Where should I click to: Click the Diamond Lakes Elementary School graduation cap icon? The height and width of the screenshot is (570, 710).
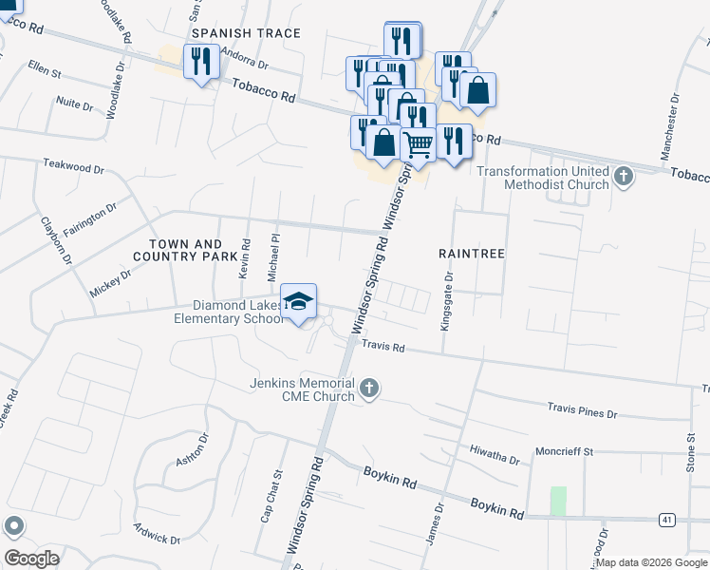pos(299,302)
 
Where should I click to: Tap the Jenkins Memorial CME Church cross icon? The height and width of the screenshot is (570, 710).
pos(369,388)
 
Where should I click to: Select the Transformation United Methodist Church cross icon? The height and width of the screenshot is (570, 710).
pos(624,176)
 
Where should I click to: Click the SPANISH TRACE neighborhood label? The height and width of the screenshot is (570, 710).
pos(246,33)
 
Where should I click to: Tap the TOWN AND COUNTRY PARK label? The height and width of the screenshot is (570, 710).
pos(185,251)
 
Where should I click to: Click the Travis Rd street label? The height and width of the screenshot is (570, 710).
pos(383,349)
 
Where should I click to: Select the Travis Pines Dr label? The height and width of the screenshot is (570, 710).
pos(582,413)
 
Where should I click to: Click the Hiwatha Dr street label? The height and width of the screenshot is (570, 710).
pos(495,454)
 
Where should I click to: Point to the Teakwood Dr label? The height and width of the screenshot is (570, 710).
pos(73,166)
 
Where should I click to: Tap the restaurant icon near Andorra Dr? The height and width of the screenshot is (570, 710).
pos(201,63)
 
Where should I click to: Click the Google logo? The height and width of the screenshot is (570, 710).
pos(33,558)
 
